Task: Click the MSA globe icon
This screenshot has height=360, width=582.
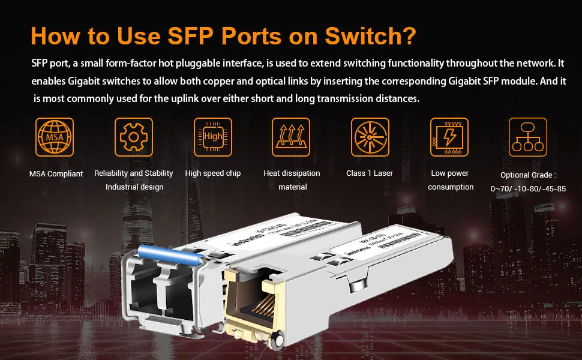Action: pos(55,137)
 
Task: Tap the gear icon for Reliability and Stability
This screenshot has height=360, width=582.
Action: pos(133,137)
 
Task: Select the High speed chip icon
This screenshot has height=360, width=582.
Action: pos(212,137)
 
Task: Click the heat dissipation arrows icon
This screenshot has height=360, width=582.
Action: pos(291,137)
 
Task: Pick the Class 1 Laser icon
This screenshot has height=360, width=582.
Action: pos(370,137)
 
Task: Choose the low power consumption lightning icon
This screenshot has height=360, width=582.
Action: pos(449,137)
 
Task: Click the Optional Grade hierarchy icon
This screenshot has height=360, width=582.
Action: pos(527,137)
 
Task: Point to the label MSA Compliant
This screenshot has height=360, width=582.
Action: pos(56,174)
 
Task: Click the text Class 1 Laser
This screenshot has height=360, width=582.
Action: pos(370,173)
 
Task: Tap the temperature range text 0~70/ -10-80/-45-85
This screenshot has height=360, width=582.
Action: pos(528,189)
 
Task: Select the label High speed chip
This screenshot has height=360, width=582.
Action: pos(213,173)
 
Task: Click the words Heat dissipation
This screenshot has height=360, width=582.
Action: pos(292,173)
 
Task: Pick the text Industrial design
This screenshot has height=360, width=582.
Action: pos(134,187)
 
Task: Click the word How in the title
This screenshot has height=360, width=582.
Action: pos(56,35)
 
